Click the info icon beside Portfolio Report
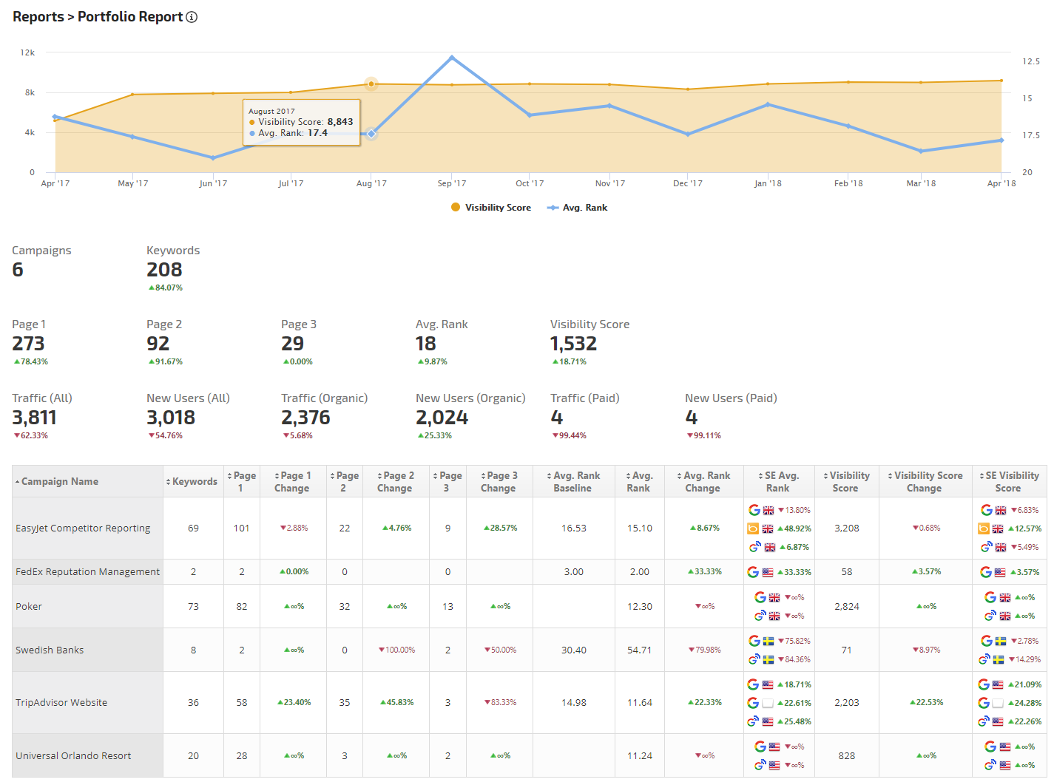coord(192,17)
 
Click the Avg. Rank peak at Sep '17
coord(452,58)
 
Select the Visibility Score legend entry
coord(491,208)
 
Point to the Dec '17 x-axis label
coord(687,183)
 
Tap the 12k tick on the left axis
coord(27,52)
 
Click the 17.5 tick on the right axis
coord(1030,135)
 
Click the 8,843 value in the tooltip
coord(340,122)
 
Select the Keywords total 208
coord(164,270)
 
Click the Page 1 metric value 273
coord(28,344)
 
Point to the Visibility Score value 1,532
coord(573,344)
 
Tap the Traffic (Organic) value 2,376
coord(305,418)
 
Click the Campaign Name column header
coord(60,481)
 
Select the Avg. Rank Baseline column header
coord(572,481)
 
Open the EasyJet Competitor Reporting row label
coord(83,528)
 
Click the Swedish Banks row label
coord(50,650)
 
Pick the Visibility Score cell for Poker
coord(846,606)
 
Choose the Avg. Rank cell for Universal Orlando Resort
coord(639,755)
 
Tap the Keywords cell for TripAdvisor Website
coord(193,702)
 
